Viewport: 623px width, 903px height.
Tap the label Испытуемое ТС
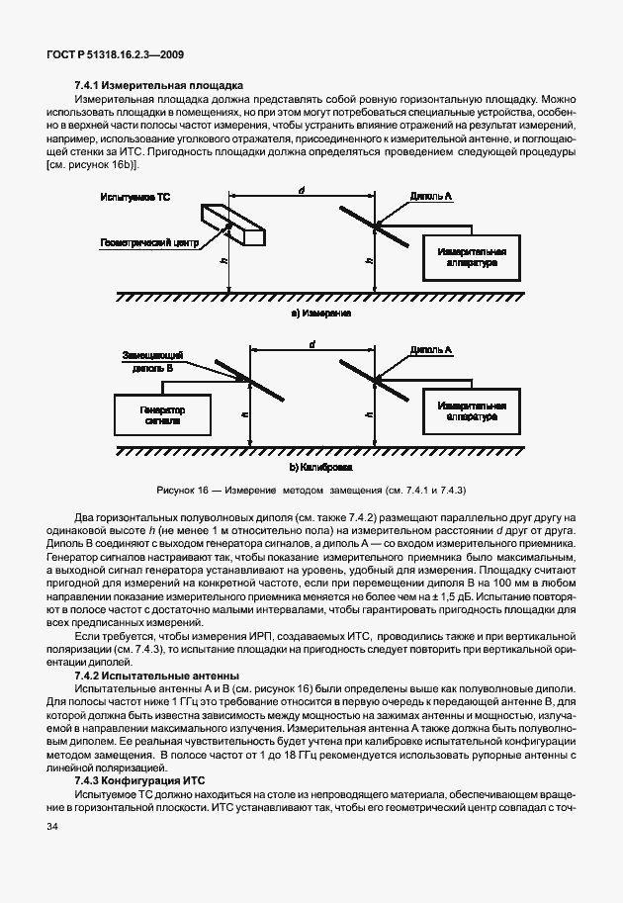pyautogui.click(x=135, y=199)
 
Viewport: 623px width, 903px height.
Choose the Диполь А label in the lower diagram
pyautogui.click(x=431, y=350)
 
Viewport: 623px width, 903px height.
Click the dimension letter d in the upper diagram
pyautogui.click(x=301, y=188)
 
